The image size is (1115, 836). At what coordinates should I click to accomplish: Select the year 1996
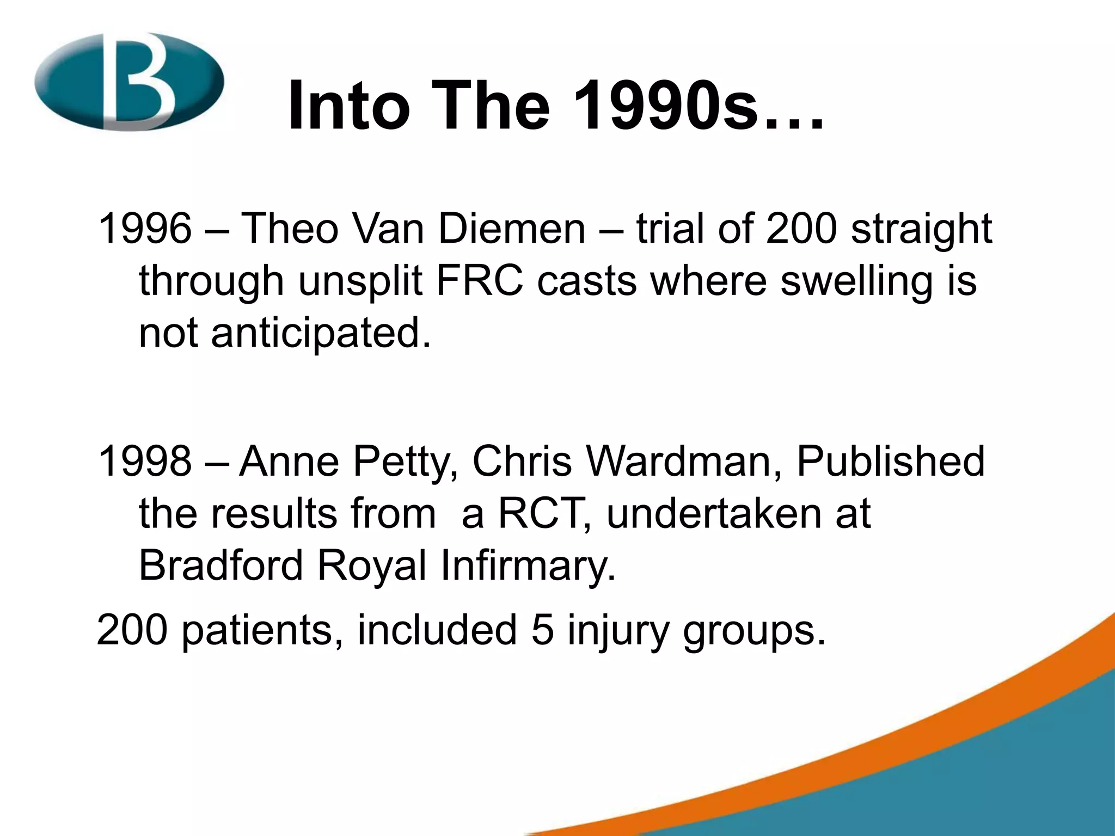click(x=145, y=229)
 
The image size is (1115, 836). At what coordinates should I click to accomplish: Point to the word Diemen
click(x=512, y=229)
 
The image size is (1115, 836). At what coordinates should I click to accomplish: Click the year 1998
click(x=145, y=462)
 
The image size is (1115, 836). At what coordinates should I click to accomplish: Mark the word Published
click(x=891, y=462)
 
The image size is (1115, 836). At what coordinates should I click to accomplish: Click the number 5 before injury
click(x=542, y=630)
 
